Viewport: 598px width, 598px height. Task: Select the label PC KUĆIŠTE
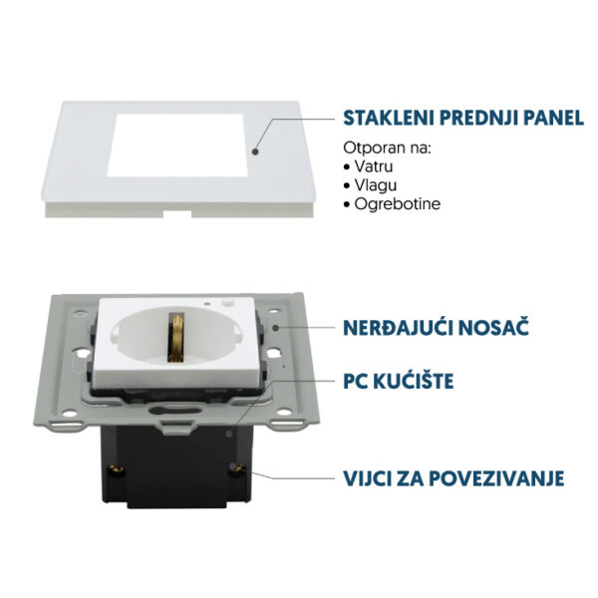(x=399, y=380)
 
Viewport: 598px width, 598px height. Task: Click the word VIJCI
(x=369, y=478)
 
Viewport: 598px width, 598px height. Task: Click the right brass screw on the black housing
(x=235, y=466)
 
